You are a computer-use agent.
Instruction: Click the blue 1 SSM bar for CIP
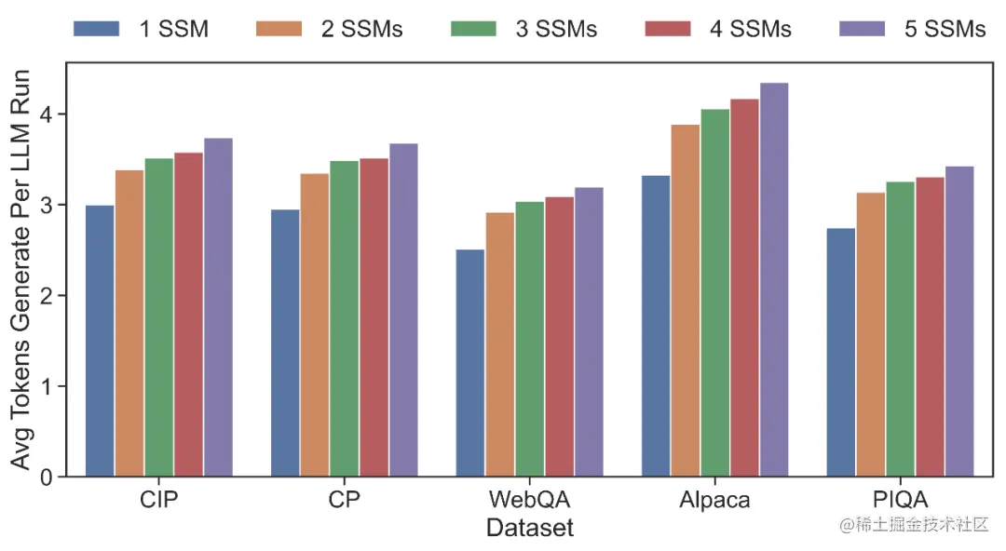pyautogui.click(x=100, y=341)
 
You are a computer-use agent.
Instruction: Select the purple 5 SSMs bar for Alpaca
pyautogui.click(x=774, y=279)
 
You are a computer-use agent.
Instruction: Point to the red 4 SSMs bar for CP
pyautogui.click(x=374, y=317)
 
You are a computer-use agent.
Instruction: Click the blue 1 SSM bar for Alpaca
pyautogui.click(x=655, y=326)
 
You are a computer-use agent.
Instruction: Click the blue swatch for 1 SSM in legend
pyautogui.click(x=96, y=29)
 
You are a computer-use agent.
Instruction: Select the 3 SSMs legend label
pyautogui.click(x=556, y=29)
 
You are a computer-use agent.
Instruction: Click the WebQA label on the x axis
pyautogui.click(x=529, y=500)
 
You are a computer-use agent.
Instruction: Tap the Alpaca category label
pyautogui.click(x=714, y=500)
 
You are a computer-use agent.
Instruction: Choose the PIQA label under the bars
pyautogui.click(x=900, y=500)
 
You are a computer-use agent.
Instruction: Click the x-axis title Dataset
pyautogui.click(x=529, y=528)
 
